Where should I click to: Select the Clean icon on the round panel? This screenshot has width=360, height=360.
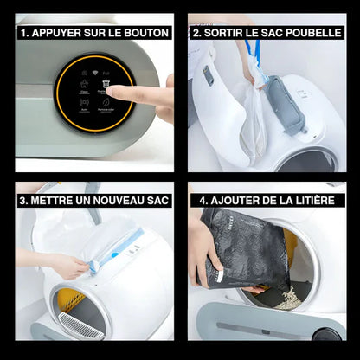[83, 86]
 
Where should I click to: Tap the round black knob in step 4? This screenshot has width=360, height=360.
[324, 334]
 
